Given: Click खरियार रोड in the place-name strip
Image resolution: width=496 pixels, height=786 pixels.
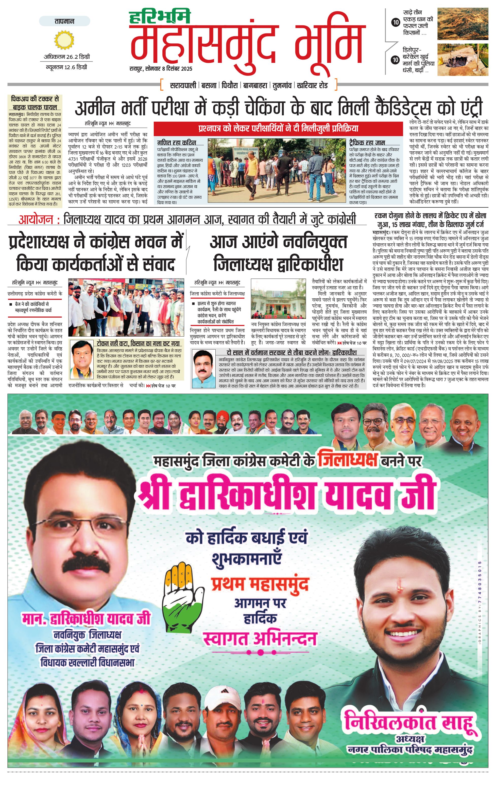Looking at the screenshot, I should (312, 85).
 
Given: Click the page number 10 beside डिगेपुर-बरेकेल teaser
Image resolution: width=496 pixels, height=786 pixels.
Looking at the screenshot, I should (395, 60).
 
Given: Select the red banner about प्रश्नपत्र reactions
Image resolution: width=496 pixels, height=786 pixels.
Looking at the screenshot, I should (278, 128).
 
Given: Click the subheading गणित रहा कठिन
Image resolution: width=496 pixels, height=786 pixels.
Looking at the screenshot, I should (176, 143).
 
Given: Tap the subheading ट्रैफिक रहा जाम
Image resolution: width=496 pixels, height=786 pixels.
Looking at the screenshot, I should (367, 143).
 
